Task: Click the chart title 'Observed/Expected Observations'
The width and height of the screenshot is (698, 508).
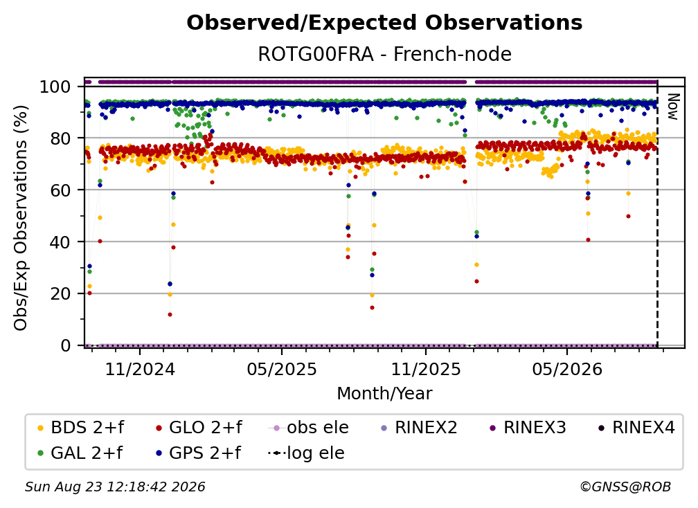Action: coord(384,23)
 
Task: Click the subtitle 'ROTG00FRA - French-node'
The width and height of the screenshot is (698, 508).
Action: coord(384,54)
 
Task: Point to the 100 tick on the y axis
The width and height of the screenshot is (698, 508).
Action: coord(55,87)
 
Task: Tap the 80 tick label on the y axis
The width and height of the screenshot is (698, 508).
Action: coord(60,138)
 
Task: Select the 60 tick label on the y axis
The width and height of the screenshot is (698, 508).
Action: coord(60,190)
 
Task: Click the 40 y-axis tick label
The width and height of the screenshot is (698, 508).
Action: coord(60,242)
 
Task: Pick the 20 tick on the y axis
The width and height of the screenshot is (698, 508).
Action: coord(60,293)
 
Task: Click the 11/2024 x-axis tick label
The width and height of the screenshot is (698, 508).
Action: coord(140,369)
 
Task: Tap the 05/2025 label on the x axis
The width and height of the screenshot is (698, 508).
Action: coord(282,369)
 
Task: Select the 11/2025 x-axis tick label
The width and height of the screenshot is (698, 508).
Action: coord(426,369)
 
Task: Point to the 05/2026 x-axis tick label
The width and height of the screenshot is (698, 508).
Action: coord(567,369)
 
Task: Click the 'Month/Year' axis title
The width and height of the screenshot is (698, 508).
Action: coord(384,394)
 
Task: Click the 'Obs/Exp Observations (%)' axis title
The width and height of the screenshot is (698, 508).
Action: coord(21,217)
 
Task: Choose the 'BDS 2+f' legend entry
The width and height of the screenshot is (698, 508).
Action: coord(80,428)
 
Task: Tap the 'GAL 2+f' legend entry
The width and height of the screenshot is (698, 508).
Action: coord(80,453)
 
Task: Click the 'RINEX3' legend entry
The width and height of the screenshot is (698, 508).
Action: coord(528,428)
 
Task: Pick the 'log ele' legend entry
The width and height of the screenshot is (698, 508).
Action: coord(306,453)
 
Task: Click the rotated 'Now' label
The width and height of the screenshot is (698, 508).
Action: coord(672,107)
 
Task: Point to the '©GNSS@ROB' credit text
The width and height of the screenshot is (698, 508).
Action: coord(625,487)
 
